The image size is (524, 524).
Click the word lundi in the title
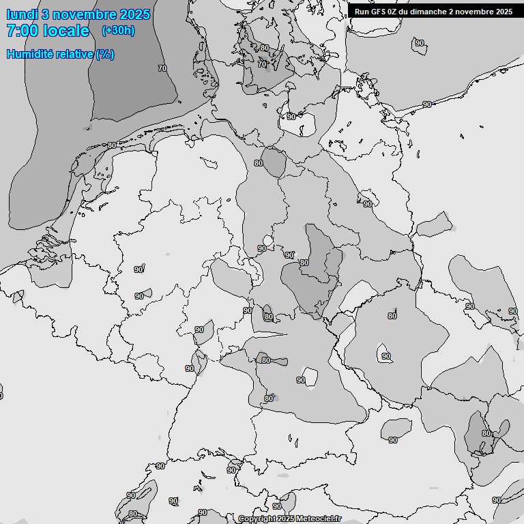pyautogui.click(x=21, y=14)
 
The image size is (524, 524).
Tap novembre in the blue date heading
pyautogui.click(x=83, y=14)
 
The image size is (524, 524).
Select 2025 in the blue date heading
pyautogui.click(x=134, y=14)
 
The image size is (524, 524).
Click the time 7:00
pyautogui.click(x=22, y=31)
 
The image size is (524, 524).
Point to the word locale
pyautogui.click(x=66, y=31)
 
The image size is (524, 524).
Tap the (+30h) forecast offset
pyautogui.click(x=118, y=31)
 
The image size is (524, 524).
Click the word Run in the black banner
pyautogui.click(x=362, y=12)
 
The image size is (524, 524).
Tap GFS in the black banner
pyautogui.click(x=379, y=12)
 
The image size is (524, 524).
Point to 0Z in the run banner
pyautogui.click(x=395, y=12)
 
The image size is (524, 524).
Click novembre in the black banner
pyautogui.click(x=476, y=12)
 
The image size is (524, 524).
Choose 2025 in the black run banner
pyautogui.click(x=504, y=12)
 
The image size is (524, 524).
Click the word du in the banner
pyautogui.click(x=407, y=12)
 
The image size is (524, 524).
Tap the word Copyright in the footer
pyautogui.click(x=257, y=519)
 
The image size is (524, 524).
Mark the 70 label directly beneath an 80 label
pyautogui.click(x=262, y=64)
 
